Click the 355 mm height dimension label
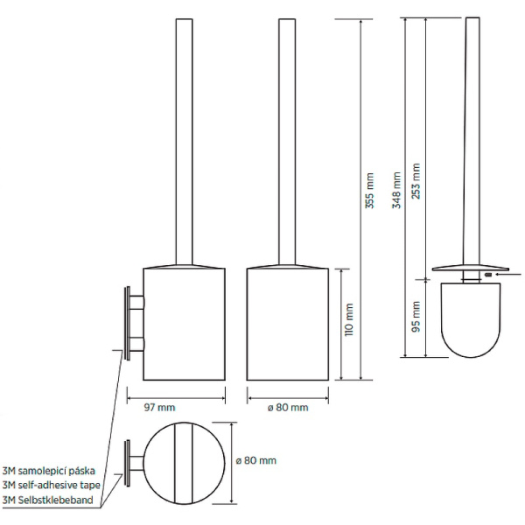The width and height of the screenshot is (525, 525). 369,191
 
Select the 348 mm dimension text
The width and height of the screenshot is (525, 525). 396,190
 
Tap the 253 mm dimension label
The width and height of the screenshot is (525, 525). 416,181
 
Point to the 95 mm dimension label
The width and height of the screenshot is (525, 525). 416,317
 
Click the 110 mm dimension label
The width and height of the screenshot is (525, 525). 348,319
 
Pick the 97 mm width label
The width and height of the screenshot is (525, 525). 159,408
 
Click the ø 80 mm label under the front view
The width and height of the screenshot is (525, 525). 288,408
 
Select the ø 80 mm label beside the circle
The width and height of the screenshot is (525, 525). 256,460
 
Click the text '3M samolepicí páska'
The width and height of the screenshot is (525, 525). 49,471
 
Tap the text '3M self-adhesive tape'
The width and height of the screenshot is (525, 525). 52,485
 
